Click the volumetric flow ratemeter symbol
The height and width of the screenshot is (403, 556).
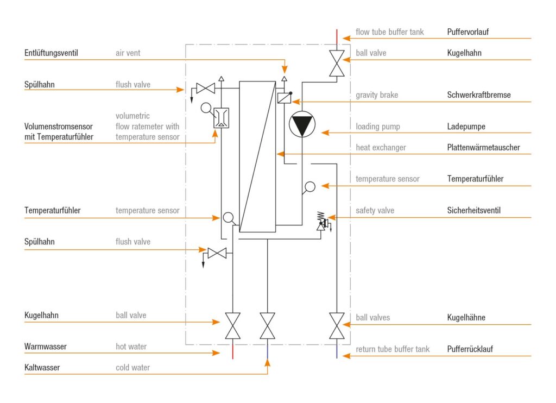[222, 117]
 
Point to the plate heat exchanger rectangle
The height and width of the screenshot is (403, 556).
[257, 156]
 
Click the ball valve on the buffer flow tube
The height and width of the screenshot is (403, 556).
[337, 63]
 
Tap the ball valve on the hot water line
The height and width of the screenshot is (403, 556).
[233, 325]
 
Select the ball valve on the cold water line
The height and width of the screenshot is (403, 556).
[268, 325]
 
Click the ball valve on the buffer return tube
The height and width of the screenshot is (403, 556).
[337, 325]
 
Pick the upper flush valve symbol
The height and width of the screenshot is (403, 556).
[205, 88]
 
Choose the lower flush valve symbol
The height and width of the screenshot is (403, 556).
[217, 253]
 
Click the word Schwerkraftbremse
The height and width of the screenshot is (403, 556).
[479, 95]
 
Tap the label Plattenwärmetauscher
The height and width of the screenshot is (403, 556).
[483, 148]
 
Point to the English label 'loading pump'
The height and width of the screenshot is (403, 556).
[378, 127]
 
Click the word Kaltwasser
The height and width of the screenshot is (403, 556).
[42, 368]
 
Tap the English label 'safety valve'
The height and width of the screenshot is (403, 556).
[375, 210]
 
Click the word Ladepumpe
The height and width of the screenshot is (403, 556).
[466, 127]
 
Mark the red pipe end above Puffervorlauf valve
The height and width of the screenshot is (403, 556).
[337, 36]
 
